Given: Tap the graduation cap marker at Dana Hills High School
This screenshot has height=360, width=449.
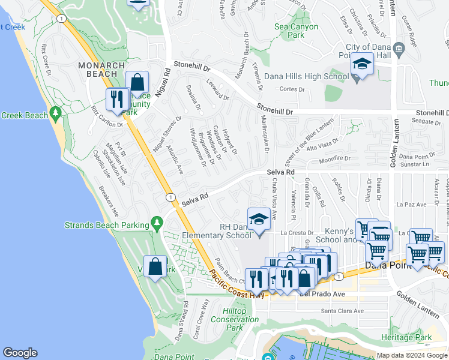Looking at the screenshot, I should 362,63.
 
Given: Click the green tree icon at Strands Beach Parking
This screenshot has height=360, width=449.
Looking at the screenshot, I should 157,223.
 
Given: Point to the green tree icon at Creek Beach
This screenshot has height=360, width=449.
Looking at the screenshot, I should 56,112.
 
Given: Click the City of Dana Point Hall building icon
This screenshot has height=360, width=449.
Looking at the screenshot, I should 399,49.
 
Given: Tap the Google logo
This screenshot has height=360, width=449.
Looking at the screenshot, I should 20,353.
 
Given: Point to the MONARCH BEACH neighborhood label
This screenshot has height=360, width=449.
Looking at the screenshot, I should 101,70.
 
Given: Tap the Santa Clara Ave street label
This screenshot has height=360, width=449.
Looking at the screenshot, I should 342,311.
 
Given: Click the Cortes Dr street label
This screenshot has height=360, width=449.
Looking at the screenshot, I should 293,89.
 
